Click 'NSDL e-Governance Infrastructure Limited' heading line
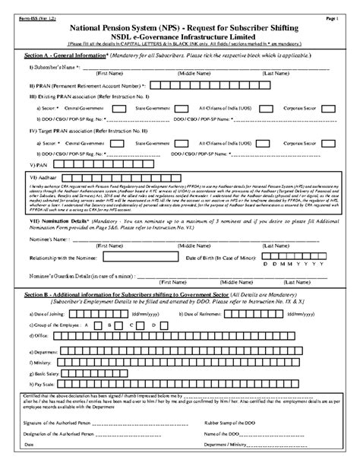click(180, 36)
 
